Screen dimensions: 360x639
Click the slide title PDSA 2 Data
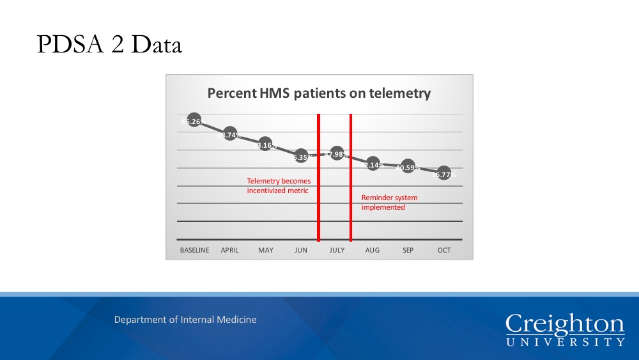[x=109, y=44]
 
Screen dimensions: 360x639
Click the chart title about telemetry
[x=319, y=93]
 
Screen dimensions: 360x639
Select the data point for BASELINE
[x=194, y=120]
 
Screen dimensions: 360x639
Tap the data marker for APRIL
[x=230, y=134]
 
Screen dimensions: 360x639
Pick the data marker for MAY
[x=265, y=145]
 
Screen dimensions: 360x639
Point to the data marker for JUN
[x=301, y=156]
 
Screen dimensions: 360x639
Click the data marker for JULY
[x=337, y=153]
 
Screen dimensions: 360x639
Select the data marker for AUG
[x=373, y=164]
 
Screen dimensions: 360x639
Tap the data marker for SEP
[x=408, y=168]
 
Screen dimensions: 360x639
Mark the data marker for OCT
[x=443, y=174]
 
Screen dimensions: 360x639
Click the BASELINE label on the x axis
[x=194, y=250]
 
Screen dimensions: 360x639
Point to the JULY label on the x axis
[x=337, y=250]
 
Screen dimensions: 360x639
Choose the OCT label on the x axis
[x=443, y=250]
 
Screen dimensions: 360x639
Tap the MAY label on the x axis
[x=265, y=250]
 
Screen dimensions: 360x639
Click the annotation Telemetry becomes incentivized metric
[x=279, y=186]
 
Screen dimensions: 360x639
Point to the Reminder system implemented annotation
[x=389, y=203]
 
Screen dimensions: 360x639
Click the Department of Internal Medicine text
[x=185, y=319]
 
